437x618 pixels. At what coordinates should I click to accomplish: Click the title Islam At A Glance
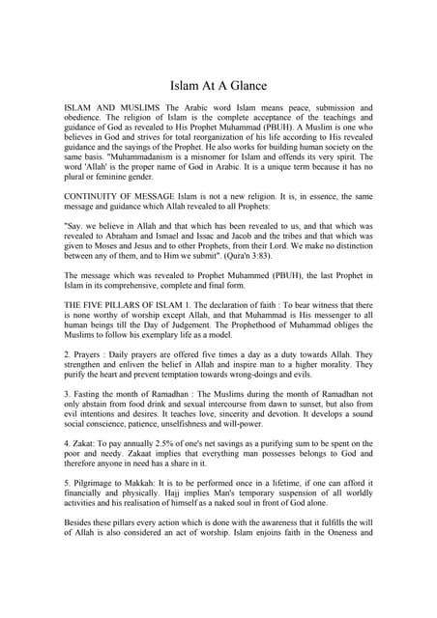tap(218, 86)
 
